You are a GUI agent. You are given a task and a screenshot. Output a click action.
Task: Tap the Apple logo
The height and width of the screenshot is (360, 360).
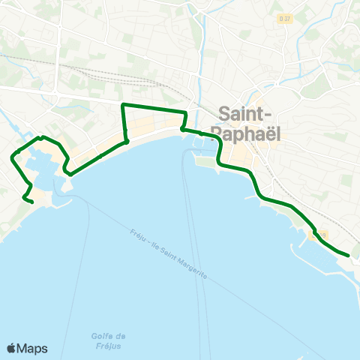click(11, 348)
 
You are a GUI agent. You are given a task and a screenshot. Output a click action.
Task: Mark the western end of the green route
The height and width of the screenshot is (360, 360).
click(32, 201)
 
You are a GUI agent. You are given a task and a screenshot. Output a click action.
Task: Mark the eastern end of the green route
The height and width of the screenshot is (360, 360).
click(349, 255)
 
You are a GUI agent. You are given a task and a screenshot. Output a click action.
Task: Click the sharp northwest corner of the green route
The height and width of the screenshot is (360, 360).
click(123, 104)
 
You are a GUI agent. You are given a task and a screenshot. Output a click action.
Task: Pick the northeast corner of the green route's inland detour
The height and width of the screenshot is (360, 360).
click(184, 112)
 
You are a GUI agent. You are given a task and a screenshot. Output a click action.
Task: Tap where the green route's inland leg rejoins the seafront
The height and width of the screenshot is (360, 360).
click(127, 141)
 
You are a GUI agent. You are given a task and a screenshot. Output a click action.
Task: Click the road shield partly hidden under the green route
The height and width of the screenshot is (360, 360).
click(320, 235)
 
